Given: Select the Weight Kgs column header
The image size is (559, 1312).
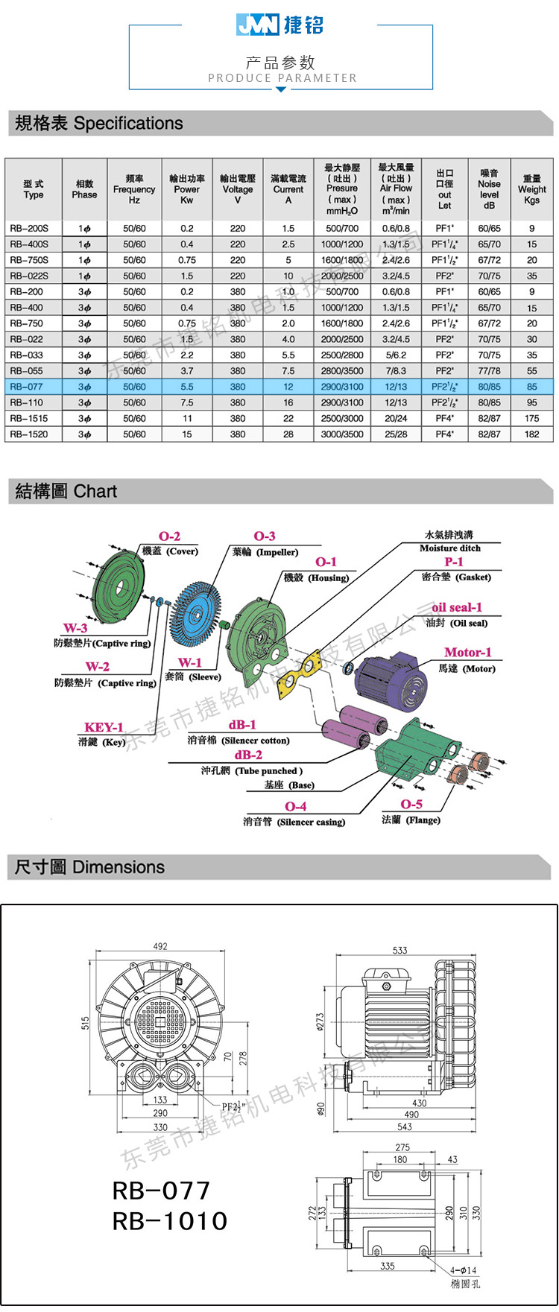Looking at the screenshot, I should coord(531,189).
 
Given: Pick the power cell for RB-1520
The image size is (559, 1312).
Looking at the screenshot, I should coord(187,434).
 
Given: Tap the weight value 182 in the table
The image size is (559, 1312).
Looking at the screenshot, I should coord(531,434).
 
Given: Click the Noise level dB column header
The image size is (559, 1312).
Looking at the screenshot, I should coord(489,189).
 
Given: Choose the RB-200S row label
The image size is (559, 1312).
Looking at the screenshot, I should coord(29,228).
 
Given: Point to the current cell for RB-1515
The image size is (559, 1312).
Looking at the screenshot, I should coord(288,418).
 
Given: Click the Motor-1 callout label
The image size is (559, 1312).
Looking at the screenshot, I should coord(467,653).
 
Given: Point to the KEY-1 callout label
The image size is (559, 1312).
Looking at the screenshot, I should coord(104,727).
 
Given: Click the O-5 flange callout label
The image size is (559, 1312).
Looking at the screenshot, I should coord(411,805).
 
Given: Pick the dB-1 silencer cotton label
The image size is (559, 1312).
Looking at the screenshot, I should coord(242,725).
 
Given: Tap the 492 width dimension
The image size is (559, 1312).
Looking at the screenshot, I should coord(160,946).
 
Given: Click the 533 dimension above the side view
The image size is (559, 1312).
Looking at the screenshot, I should coord(400,950).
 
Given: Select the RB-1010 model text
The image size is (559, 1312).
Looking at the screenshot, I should coord(170,1220).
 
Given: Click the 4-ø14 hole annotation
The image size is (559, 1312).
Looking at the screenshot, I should coord(463,1270).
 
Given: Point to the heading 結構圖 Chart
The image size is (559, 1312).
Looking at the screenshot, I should coord(66,491).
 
